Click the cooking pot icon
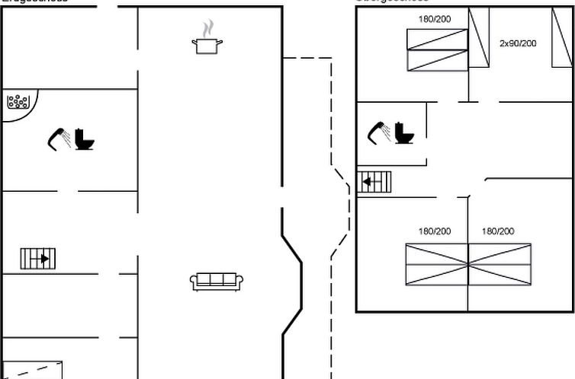(207, 46)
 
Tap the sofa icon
(217, 281)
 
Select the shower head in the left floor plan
(59, 139)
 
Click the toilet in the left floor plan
(85, 140)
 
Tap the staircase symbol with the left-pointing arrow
(374, 182)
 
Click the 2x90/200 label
(518, 43)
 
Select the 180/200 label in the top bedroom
(434, 19)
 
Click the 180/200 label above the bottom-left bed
(434, 231)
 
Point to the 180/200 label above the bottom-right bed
(498, 231)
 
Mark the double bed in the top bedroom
(438, 50)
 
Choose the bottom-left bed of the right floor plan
(437, 265)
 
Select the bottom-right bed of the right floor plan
(500, 265)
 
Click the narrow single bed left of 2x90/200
(479, 38)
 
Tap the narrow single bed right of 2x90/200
(562, 38)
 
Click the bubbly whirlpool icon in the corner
(18, 101)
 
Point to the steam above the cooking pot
(207, 29)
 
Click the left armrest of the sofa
(194, 282)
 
